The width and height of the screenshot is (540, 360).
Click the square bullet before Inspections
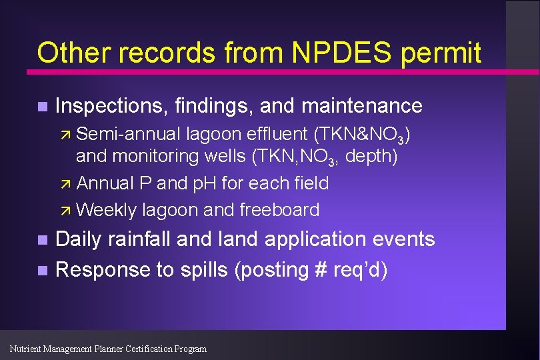pyautogui.click(x=42, y=107)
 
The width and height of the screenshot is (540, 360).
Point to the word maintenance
pyautogui.click(x=362, y=105)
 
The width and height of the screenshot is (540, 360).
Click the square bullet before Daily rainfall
pyautogui.click(x=42, y=240)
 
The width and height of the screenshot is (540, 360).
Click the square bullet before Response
pyautogui.click(x=42, y=271)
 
